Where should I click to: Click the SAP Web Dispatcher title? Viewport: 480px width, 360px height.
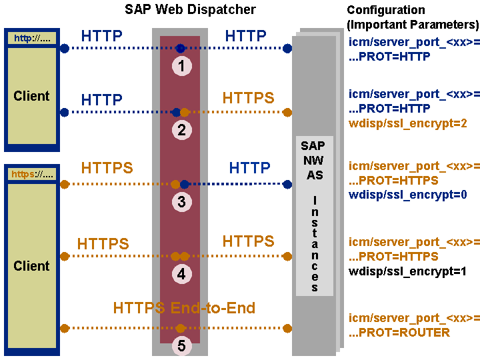click(x=190, y=9)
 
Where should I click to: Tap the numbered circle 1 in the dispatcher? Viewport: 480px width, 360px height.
click(x=181, y=65)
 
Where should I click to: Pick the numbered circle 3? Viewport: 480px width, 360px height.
click(x=181, y=202)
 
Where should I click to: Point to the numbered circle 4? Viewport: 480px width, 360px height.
click(x=181, y=273)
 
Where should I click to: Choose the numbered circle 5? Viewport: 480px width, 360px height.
click(x=181, y=345)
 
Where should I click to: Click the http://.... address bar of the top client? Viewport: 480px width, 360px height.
click(x=33, y=38)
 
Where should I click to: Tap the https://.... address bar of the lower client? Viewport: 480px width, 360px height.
click(x=33, y=175)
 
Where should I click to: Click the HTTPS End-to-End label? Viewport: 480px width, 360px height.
click(x=184, y=308)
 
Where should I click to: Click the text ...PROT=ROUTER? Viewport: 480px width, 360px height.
click(x=399, y=332)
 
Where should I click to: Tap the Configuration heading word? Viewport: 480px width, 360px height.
click(x=386, y=10)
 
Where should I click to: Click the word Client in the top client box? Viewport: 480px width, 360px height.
click(x=31, y=96)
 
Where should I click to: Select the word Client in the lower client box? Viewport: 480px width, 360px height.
click(x=31, y=266)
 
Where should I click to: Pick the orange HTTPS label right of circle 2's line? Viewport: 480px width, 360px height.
click(x=248, y=98)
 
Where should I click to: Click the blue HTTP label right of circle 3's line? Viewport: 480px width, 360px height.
click(x=250, y=167)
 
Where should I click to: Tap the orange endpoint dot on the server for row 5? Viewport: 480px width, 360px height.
click(x=287, y=328)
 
